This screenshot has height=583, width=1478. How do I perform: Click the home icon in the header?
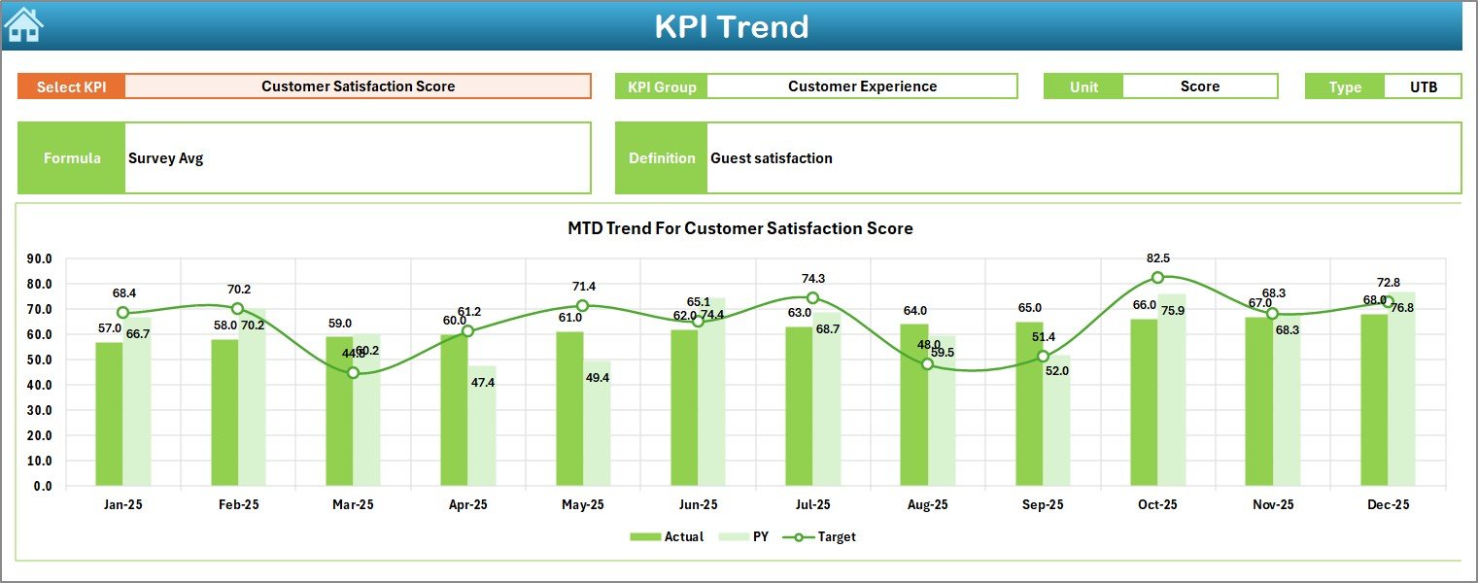point(24,25)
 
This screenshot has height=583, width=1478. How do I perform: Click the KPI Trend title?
point(731,26)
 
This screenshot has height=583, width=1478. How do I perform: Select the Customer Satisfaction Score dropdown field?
point(358,86)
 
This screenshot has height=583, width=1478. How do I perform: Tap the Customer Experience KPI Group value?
point(862,86)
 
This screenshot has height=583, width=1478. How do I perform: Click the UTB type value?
point(1423,86)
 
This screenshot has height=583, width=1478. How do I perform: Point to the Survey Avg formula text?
point(165,158)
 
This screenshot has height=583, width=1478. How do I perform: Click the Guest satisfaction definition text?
point(771,158)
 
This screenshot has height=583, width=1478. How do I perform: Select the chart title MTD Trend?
point(739,228)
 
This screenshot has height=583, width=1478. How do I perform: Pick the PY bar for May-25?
point(597,424)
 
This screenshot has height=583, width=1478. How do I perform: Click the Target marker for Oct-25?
point(1157,278)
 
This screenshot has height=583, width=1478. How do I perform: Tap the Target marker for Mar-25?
point(353,373)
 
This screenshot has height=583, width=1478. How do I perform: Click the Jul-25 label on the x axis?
point(812,505)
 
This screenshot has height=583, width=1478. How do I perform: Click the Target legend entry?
point(825,536)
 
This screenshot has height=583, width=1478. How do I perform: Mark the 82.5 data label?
point(1157,258)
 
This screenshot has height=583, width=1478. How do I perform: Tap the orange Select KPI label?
point(71,86)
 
